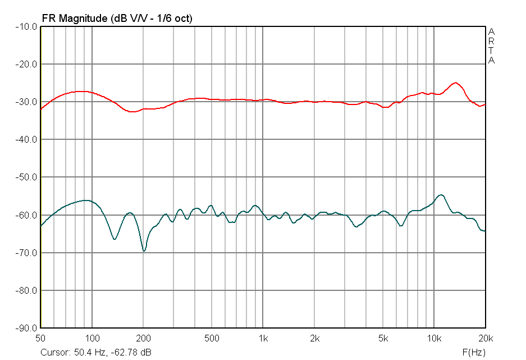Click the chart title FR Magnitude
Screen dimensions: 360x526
tap(117, 18)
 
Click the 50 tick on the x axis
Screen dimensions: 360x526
tap(40, 338)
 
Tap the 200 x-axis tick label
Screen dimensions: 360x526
tap(143, 338)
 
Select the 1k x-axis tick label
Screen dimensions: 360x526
tap(263, 338)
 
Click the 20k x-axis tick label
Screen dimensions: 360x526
tap(485, 338)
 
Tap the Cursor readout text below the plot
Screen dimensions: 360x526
tap(95, 353)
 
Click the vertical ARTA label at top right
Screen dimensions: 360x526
tap(491, 45)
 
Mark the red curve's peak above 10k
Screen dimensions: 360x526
tap(456, 83)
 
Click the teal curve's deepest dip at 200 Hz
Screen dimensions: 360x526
tap(144, 251)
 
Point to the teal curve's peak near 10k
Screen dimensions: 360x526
tap(442, 195)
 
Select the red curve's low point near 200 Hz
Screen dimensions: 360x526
tap(132, 112)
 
